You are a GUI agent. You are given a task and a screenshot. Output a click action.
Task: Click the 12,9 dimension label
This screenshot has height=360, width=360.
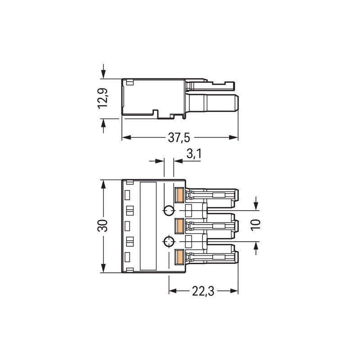tap(103, 98)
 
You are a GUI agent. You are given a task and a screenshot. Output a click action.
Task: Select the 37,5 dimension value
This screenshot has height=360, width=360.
tap(179, 138)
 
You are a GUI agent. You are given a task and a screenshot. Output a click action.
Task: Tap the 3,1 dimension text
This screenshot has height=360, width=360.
tap(194, 153)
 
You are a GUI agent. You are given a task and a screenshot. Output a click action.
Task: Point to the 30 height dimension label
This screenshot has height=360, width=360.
tap(103, 226)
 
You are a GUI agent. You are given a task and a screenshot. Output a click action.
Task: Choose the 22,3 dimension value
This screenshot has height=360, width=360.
tap(203, 291)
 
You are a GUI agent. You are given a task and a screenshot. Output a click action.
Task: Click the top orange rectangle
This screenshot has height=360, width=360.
tap(179, 195)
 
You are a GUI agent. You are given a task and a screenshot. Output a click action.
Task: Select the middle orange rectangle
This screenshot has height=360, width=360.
tap(179, 226)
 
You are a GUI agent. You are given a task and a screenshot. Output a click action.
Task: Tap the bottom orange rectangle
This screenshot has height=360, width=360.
tap(179, 256)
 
